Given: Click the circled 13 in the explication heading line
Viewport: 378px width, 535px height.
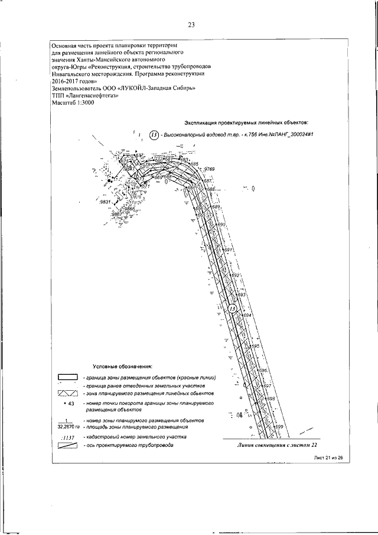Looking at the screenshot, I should pyautogui.click(x=155, y=135).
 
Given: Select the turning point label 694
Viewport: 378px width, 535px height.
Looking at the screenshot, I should pyautogui.click(x=247, y=316).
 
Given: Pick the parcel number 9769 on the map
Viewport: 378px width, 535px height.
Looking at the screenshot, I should pyautogui.click(x=209, y=170).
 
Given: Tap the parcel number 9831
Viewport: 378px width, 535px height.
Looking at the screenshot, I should pyautogui.click(x=106, y=202).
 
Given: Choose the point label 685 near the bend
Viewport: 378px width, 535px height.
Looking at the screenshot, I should pyautogui.click(x=195, y=164).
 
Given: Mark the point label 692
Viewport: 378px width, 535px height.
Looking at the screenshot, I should pyautogui.click(x=234, y=275).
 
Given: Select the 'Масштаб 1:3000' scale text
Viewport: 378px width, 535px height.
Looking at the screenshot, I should pyautogui.click(x=73, y=103).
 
